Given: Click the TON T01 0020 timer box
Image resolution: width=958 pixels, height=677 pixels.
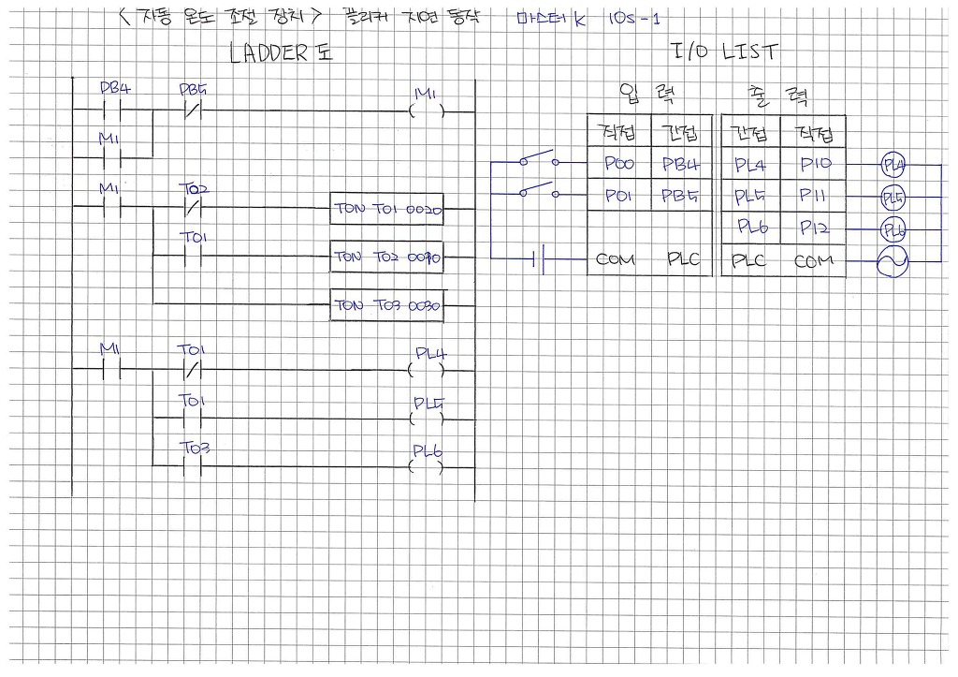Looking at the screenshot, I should [x=387, y=209].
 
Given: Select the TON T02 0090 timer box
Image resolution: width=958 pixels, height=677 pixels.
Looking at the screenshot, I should [x=387, y=256].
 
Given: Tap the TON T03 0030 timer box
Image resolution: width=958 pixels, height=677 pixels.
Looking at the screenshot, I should [x=387, y=305].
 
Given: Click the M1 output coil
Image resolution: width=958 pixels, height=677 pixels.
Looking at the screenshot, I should [x=427, y=111].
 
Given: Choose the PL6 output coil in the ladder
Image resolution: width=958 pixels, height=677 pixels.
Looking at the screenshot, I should [x=428, y=465].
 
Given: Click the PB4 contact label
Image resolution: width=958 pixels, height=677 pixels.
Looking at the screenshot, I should [x=115, y=89].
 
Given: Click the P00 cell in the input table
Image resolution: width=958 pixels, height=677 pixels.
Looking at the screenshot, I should [x=618, y=165].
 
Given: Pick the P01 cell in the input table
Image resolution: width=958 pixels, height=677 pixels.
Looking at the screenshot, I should [x=618, y=196].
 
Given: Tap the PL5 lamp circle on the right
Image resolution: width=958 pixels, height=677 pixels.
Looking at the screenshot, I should [x=893, y=198].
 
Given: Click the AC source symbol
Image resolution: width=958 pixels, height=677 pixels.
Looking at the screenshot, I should [x=892, y=263].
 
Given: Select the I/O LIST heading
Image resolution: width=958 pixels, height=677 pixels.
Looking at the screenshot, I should [x=724, y=52].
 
